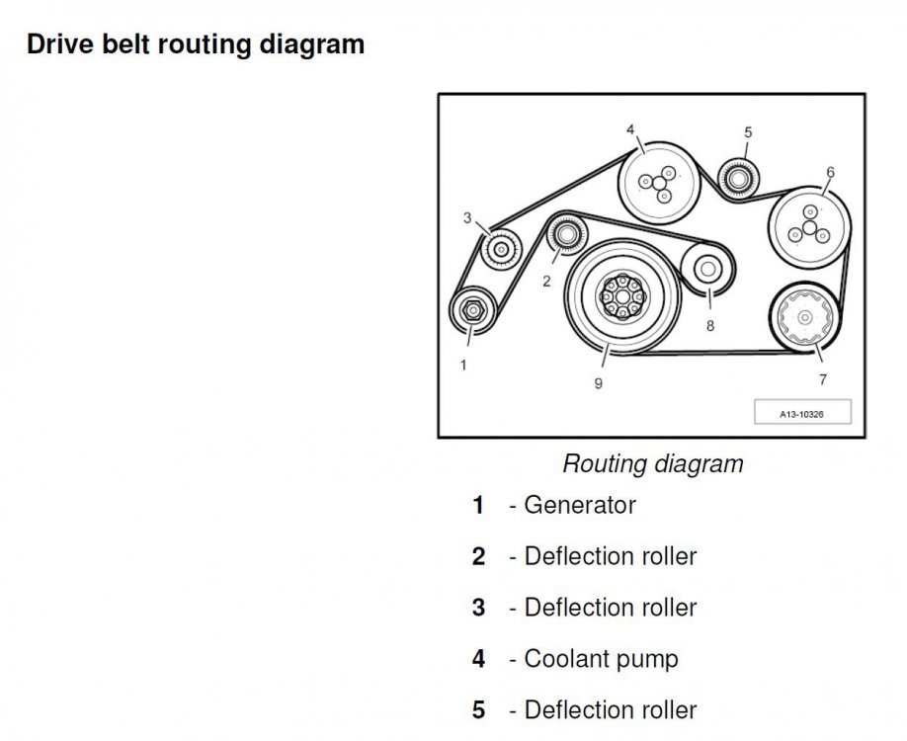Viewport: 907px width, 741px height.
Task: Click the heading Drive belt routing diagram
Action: click(x=196, y=45)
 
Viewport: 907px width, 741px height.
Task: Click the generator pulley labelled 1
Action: click(x=473, y=311)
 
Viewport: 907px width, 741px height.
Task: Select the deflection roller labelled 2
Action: click(x=566, y=235)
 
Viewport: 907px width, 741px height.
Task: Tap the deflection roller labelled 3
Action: click(x=501, y=246)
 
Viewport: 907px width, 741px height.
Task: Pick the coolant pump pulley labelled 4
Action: click(x=656, y=183)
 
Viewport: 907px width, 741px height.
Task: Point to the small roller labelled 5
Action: click(x=736, y=179)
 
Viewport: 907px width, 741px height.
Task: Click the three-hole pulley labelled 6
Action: click(x=808, y=229)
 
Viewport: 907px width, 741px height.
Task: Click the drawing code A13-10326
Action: click(x=801, y=415)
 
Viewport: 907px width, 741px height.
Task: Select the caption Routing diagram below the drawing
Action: click(x=652, y=463)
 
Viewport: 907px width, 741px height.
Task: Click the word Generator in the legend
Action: click(x=580, y=506)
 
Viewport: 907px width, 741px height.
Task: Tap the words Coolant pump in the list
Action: click(x=601, y=658)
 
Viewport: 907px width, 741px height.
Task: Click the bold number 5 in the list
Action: click(x=478, y=710)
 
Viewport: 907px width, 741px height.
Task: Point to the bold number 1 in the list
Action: click(x=478, y=506)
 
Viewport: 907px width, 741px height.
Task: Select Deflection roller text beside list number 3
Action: click(x=610, y=608)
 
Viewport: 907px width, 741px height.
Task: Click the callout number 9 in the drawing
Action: click(x=598, y=383)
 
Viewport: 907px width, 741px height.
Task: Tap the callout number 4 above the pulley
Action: click(x=629, y=129)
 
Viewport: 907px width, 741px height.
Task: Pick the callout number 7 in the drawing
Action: click(x=823, y=379)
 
